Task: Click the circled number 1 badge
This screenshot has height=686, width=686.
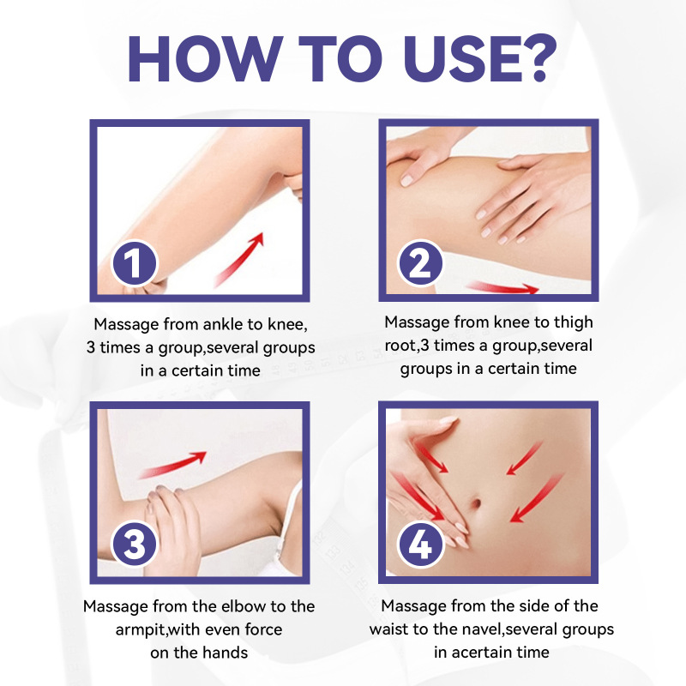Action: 135,263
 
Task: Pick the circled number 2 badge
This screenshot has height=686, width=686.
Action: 420,263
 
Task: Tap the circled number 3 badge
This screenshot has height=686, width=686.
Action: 135,545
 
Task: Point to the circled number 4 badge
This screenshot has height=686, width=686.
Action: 420,545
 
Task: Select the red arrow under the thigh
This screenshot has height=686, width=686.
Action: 502,287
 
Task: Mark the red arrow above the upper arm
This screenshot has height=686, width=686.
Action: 173,465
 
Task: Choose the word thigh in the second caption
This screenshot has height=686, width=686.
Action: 574,322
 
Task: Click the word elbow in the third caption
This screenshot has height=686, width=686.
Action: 244,606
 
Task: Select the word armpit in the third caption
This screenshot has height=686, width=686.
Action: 140,630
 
